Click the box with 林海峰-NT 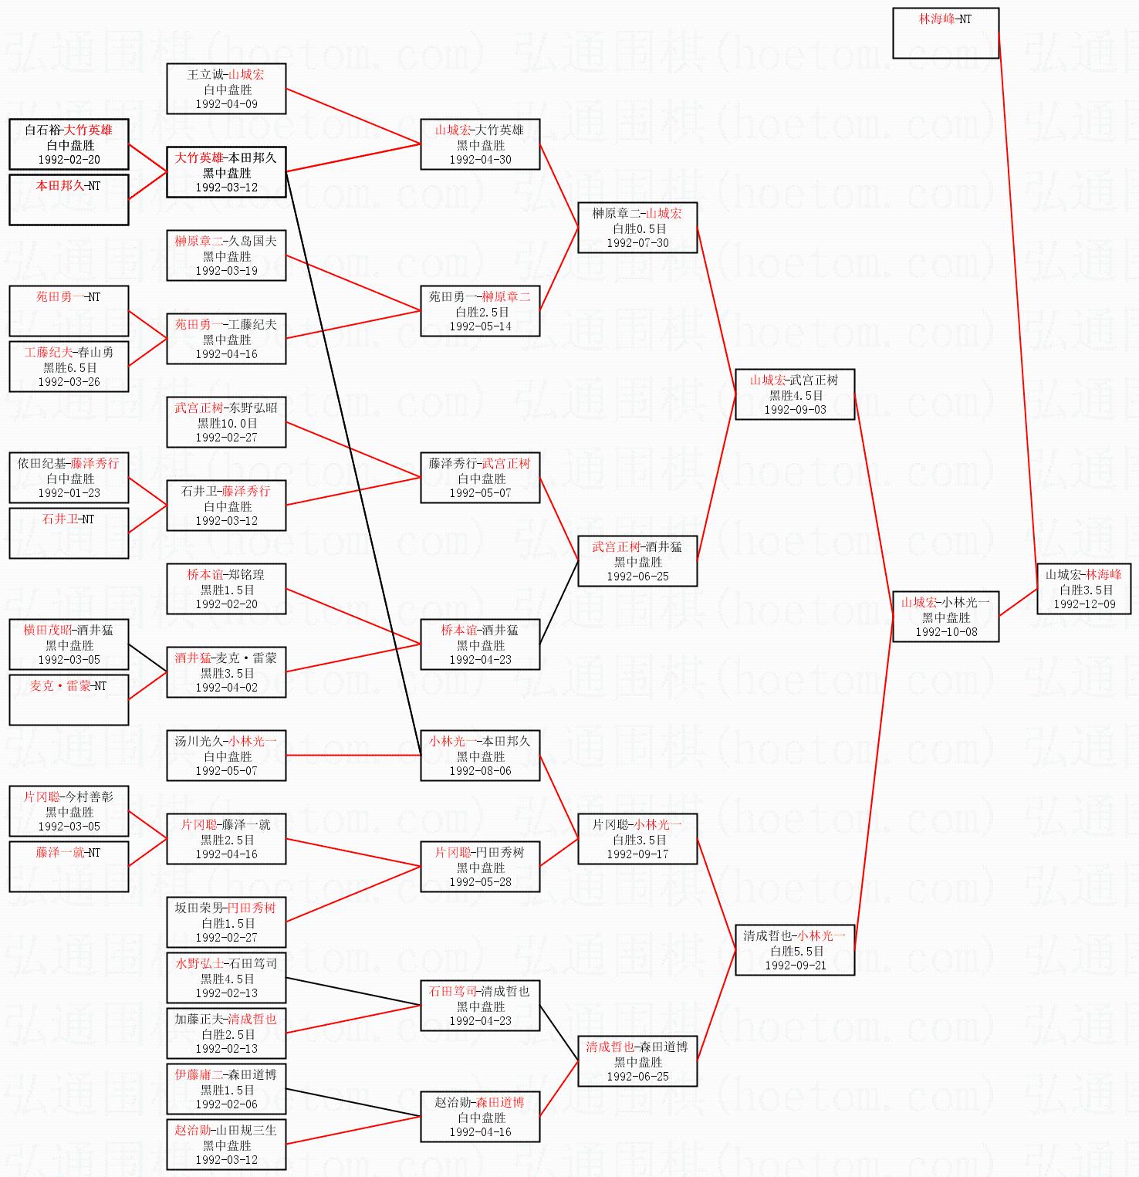(x=945, y=32)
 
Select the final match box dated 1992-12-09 (x=1084, y=589)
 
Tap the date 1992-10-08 (x=946, y=632)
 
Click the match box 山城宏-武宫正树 (x=795, y=394)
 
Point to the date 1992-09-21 (x=795, y=966)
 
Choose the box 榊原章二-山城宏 (x=637, y=228)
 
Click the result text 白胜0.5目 (x=638, y=228)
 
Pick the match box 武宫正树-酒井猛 (x=637, y=561)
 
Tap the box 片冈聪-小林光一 (x=637, y=839)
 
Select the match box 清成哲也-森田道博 (x=637, y=1061)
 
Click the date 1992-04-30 (x=480, y=160)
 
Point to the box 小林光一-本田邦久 (x=480, y=756)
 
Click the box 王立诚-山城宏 (x=226, y=89)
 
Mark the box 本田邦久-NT (x=69, y=199)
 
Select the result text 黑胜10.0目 (x=227, y=423)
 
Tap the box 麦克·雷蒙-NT (x=69, y=699)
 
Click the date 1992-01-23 (x=69, y=493)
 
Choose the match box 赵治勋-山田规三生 (x=226, y=1145)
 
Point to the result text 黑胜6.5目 (x=69, y=367)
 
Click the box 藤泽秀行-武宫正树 (x=480, y=478)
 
